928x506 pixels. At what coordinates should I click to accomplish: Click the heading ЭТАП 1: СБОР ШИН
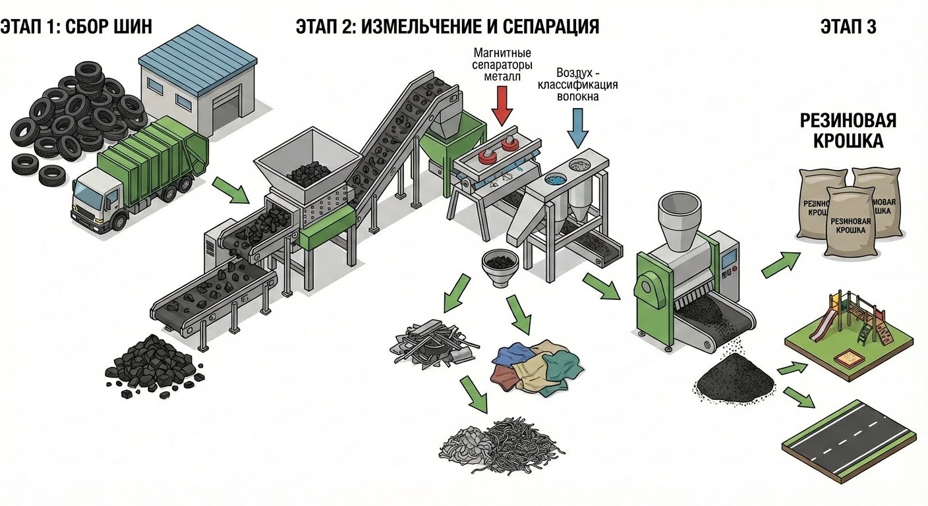coord(76,27)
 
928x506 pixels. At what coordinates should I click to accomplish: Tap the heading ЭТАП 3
coord(848,27)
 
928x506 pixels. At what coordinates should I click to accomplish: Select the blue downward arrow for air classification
coord(577,126)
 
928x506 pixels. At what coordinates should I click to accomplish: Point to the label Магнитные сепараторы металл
coord(502,64)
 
